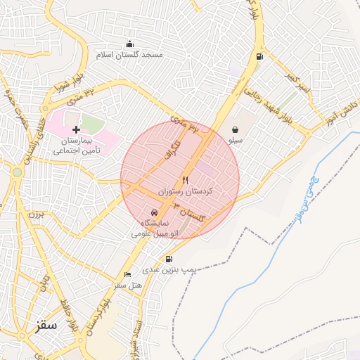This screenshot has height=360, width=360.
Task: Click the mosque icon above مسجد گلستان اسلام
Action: pos(129,44)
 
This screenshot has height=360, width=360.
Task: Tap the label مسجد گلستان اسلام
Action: pos(130,55)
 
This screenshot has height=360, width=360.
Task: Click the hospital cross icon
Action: pos(77,130)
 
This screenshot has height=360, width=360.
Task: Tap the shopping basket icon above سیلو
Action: pos(234,129)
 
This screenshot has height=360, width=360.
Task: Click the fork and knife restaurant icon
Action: pos(186,180)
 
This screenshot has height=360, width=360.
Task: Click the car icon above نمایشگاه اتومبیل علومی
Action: pos(155,212)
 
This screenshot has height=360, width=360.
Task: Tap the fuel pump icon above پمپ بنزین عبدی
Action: pos(169,259)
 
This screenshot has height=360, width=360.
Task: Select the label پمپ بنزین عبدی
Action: pos(168,269)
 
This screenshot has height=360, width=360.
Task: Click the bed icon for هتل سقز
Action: pos(127,274)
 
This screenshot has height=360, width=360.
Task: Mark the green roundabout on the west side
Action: pos(17,172)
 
